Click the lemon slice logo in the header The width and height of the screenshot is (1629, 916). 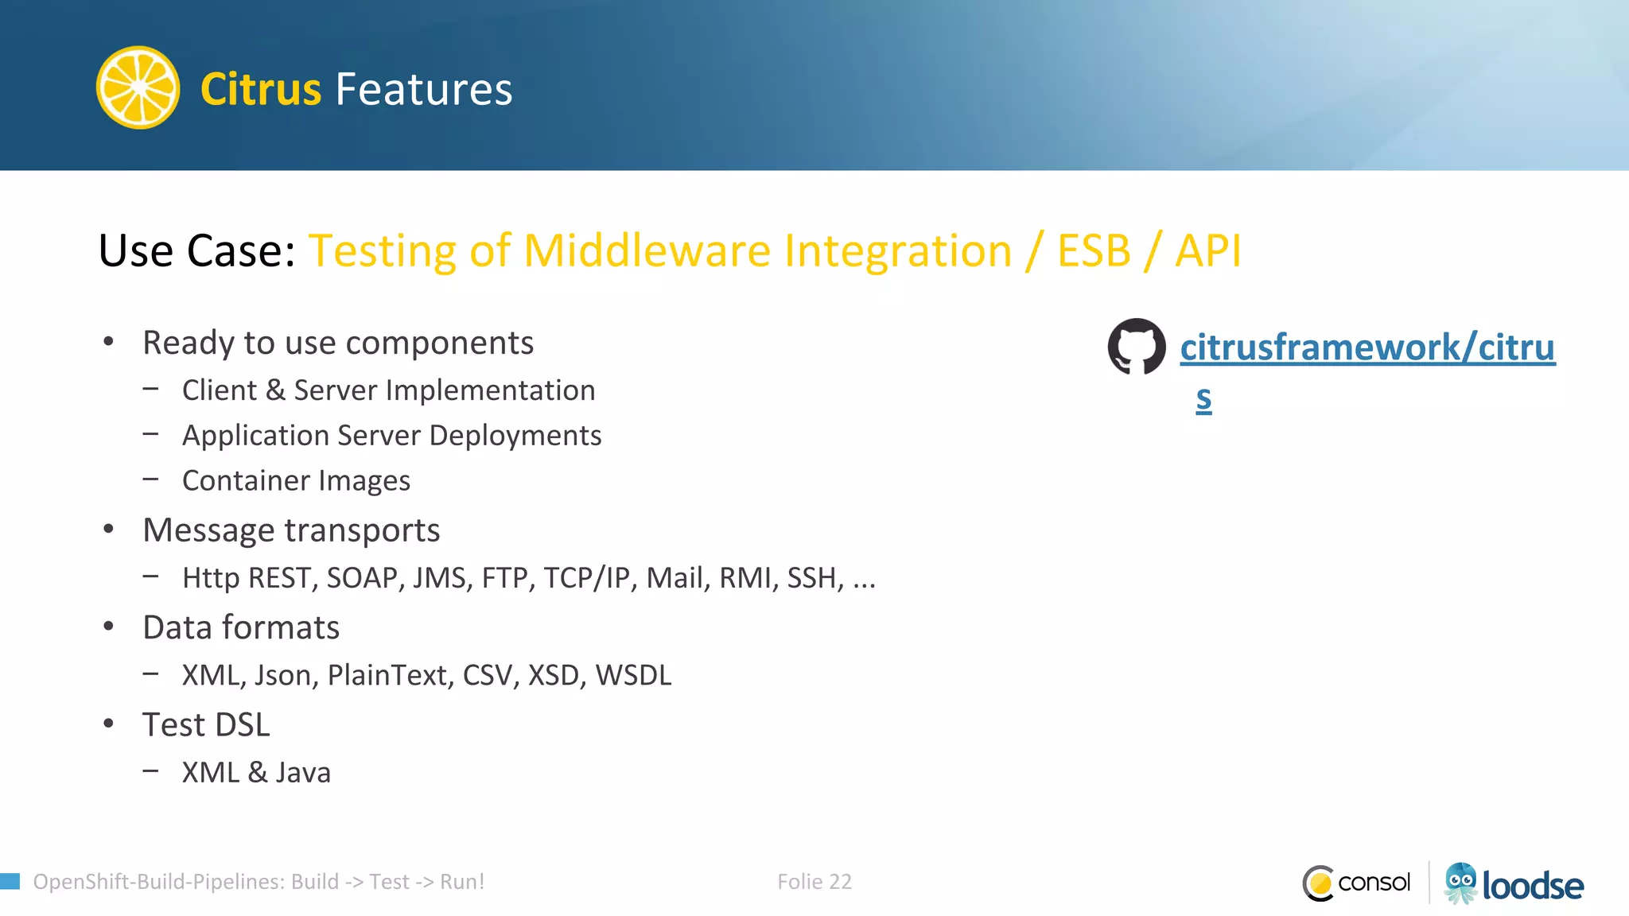coord(138,87)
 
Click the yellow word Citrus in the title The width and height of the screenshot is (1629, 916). coord(260,89)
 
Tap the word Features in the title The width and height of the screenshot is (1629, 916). coord(424,89)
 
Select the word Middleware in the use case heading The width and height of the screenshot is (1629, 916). coord(647,251)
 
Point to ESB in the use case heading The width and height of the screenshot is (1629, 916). coord(1094,251)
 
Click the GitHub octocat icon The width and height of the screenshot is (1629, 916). coord(1137,347)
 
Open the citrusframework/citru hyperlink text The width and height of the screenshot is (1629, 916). coord(1367,347)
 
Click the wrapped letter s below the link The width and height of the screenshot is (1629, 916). coord(1203,398)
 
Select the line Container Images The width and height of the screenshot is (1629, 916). coord(296,480)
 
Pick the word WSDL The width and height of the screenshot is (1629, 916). coord(633,675)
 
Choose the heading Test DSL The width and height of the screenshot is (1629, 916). coord(206,724)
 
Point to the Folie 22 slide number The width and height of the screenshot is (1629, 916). coord(814,882)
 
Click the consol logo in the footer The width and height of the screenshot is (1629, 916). coord(1357,883)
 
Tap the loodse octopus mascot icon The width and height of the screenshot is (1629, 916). coord(1460,883)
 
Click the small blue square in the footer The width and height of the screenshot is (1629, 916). coord(10,881)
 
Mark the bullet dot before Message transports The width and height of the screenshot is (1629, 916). coord(109,530)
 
